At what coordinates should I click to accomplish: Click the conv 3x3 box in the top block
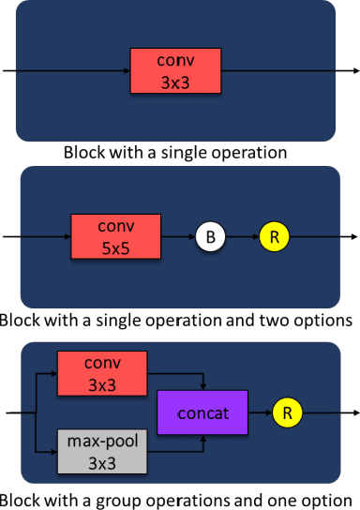(176, 71)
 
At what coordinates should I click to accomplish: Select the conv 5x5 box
(116, 237)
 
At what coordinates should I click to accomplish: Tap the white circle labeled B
(211, 238)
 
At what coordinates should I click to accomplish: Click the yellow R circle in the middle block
(275, 238)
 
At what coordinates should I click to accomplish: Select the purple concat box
(203, 412)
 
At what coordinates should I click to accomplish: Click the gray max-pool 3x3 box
(102, 448)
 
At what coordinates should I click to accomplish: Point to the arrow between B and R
(243, 238)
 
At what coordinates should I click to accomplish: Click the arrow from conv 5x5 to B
(178, 238)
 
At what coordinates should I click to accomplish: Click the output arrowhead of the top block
(354, 71)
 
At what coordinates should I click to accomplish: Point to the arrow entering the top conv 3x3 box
(66, 71)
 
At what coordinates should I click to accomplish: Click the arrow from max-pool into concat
(178, 448)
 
